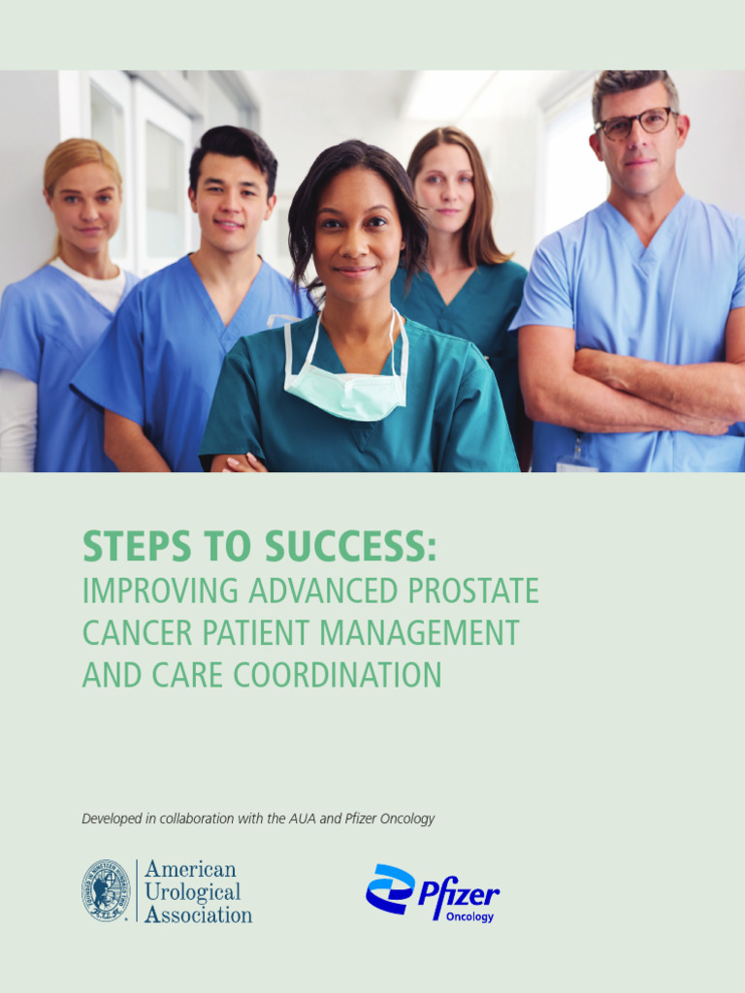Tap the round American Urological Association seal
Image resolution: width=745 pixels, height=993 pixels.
pyautogui.click(x=106, y=890)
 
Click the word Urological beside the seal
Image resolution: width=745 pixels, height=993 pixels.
pyautogui.click(x=192, y=891)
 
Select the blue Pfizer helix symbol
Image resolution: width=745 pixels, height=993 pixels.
pyautogui.click(x=390, y=888)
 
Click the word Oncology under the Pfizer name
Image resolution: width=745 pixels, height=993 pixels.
pyautogui.click(x=470, y=916)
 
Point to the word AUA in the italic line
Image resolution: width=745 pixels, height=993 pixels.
pyautogui.click(x=302, y=819)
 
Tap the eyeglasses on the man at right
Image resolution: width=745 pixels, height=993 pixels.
pyautogui.click(x=635, y=123)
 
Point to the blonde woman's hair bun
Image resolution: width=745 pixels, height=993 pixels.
pyautogui.click(x=81, y=153)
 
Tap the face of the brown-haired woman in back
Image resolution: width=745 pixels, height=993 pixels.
pyautogui.click(x=444, y=189)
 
